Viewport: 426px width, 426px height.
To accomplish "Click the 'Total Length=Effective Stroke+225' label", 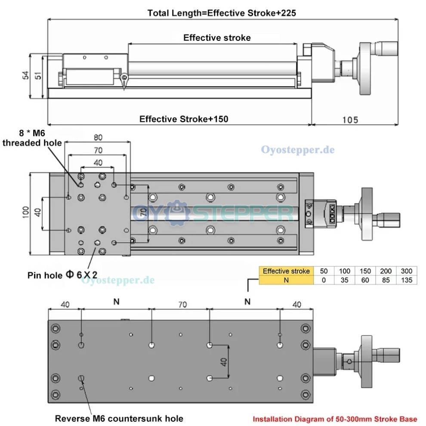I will point(222,13).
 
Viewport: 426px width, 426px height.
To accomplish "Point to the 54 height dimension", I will point(25,76).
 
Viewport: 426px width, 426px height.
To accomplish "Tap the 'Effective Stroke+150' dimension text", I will point(184,119).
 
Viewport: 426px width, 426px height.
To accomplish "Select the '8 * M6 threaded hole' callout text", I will point(32,138).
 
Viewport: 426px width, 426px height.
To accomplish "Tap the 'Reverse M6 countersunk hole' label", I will point(119,418).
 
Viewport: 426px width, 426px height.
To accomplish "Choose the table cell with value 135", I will point(406,280).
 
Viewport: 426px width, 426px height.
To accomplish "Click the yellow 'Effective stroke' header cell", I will point(286,271).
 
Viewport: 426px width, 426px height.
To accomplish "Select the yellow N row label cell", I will point(286,280).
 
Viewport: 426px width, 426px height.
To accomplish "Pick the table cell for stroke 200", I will point(385,271).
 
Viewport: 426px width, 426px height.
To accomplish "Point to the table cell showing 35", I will point(344,280).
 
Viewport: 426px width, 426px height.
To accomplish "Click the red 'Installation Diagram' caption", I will point(334,419).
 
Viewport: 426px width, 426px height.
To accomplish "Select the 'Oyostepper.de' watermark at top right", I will point(297,150).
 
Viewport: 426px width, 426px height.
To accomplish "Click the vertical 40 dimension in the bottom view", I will point(223,361).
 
